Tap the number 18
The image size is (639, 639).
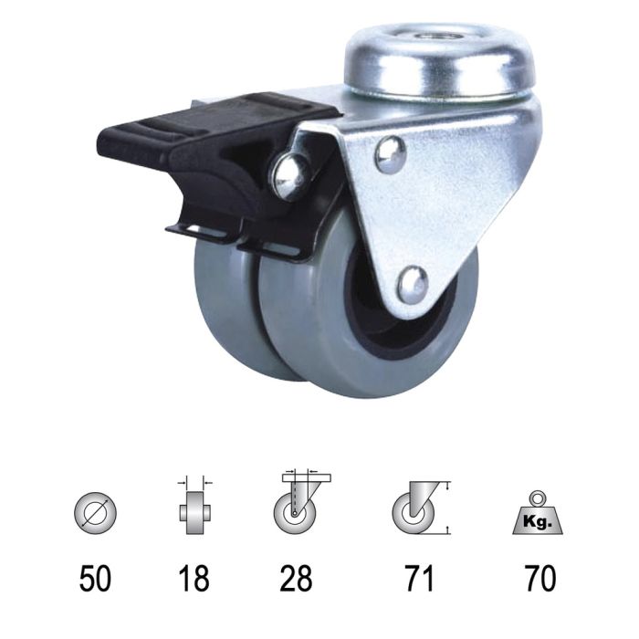click(x=194, y=577)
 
